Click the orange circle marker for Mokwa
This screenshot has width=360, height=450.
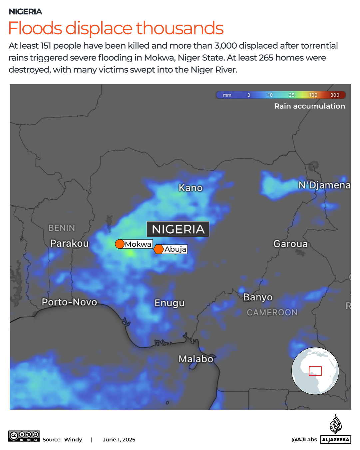point(120,244)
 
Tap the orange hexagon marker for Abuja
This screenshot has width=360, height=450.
point(159,249)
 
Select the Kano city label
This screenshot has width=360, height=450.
point(190,188)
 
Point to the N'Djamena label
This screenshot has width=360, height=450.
point(324,185)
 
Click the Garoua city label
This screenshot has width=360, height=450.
point(290,244)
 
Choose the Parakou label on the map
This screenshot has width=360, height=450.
point(69,243)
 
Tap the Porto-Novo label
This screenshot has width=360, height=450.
point(69,302)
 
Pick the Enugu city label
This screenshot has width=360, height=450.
point(169,303)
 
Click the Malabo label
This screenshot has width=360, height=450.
point(196,359)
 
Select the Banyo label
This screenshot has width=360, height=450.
point(258,297)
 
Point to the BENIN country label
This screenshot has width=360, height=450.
point(62,228)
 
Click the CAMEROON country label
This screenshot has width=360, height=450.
point(272,312)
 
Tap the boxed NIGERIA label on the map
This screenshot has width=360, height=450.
point(178,229)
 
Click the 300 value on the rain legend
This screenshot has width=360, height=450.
point(334,95)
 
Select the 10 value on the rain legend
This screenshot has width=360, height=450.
point(270,95)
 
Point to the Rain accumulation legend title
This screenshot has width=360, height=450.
point(309,106)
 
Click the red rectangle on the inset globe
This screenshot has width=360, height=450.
point(315,371)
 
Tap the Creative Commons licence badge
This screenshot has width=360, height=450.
point(24,436)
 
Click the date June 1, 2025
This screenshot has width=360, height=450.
point(119,440)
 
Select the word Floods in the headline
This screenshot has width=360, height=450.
point(35,28)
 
